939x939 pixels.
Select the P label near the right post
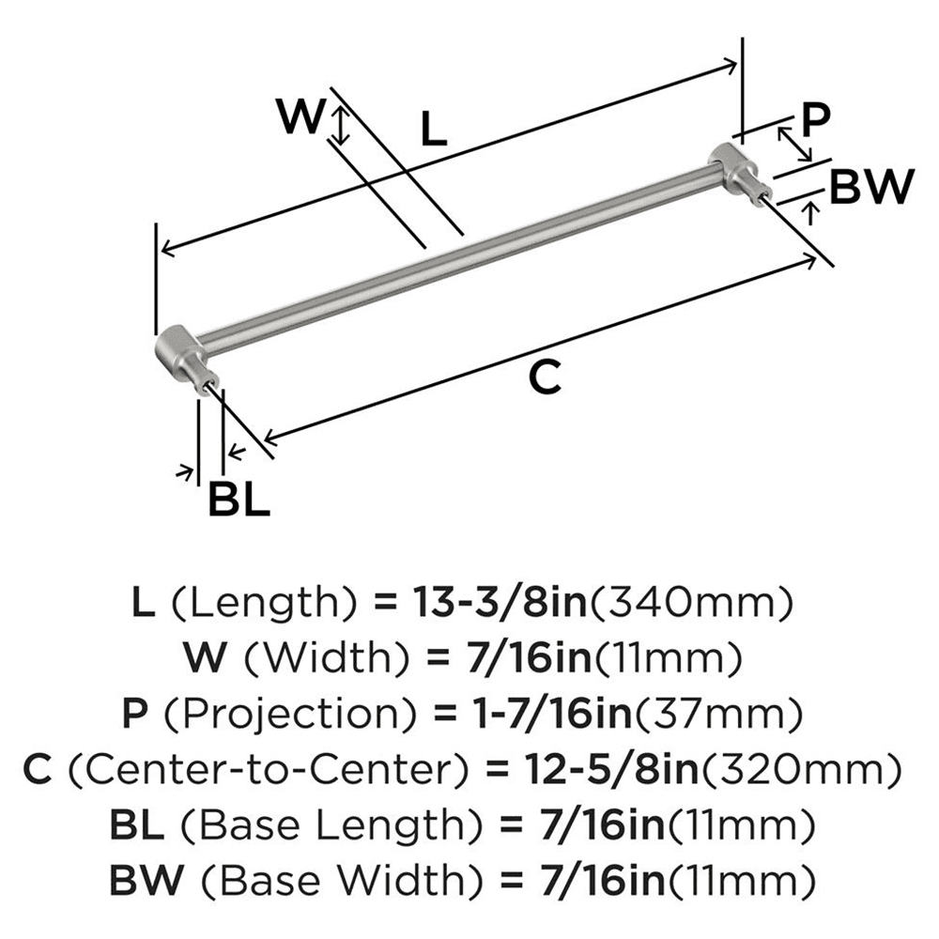coord(816,119)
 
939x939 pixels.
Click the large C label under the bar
coord(545,377)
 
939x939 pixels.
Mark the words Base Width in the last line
coord(316,882)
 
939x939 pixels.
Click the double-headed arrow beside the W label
coord(342,125)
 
